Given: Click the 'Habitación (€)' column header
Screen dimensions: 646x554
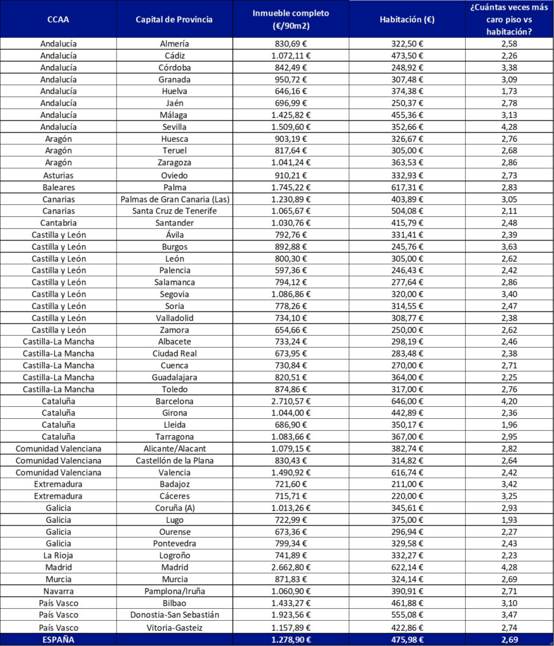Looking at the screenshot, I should point(407,19).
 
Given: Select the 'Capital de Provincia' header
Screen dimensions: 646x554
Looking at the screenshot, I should point(174,19).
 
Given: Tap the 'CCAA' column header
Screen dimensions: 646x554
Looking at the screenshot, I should point(58,19).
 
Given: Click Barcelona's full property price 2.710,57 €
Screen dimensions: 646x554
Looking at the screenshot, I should point(291,401).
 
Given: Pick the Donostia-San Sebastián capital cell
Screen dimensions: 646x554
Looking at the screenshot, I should point(174,614).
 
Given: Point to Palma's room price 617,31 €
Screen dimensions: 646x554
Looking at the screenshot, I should point(407,187).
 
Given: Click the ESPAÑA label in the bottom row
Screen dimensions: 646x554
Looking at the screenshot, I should point(58,638).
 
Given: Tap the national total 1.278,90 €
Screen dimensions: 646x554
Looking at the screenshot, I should point(291,638).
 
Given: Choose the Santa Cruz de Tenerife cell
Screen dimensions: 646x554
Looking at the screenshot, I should point(174,211).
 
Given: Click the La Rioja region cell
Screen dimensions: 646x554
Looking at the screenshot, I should point(58,555).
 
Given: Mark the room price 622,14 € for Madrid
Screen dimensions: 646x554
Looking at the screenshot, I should point(407,567).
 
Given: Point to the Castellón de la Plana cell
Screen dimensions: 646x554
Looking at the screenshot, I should point(174,460).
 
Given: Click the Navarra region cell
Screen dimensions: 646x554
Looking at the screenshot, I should point(58,590).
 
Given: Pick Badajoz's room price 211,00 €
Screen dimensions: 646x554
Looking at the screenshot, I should point(407,484).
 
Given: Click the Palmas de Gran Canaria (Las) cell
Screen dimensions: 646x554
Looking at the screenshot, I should point(174,199).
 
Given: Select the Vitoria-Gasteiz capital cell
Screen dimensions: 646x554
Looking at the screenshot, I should point(174,626).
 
